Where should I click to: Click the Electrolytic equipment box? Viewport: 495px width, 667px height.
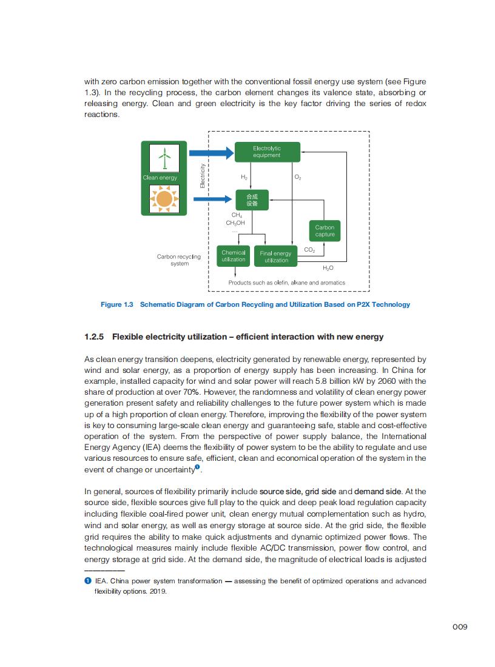267,152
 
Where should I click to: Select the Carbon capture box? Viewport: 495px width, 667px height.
325,231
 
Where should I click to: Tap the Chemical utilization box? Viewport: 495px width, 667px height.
234,256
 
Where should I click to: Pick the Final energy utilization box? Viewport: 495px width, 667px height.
276,256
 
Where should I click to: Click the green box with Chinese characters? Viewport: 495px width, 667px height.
252,200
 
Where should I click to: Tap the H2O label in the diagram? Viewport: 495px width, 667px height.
328,267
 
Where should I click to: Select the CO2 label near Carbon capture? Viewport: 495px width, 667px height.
309,250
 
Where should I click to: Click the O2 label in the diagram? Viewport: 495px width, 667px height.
297,177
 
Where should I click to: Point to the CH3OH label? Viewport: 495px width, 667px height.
235,223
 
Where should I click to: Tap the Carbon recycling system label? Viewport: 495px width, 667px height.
179,260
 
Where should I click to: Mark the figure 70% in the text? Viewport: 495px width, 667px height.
175,392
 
